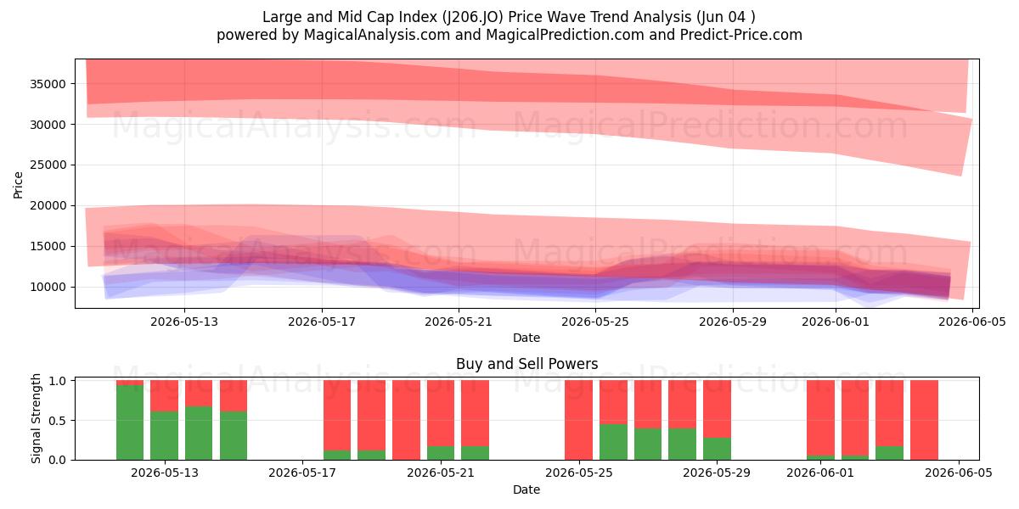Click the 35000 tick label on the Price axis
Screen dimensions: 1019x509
tap(48, 84)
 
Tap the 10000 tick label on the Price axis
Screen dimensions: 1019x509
tap(48, 288)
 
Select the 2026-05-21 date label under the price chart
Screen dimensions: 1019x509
tap(458, 322)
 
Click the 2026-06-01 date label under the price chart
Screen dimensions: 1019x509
tap(836, 322)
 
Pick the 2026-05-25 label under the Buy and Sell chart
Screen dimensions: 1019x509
tap(579, 473)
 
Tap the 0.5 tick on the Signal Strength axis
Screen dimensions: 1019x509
tap(58, 421)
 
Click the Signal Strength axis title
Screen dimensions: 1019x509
tap(36, 418)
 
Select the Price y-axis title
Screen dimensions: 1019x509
tap(18, 185)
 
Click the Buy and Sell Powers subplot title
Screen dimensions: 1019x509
tap(526, 364)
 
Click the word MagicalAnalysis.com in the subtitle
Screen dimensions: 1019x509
tap(377, 35)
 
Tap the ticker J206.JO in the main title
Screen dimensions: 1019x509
tap(473, 17)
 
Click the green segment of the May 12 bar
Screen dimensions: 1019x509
tap(130, 422)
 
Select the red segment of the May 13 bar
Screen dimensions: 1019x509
tap(164, 396)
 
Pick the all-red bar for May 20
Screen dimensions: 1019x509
tap(406, 420)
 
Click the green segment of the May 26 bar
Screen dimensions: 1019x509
tap(613, 442)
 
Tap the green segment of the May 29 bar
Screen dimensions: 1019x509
tap(717, 449)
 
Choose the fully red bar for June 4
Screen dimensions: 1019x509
tap(925, 420)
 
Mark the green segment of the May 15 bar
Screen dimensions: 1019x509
tap(234, 435)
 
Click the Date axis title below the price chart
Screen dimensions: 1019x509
tap(526, 338)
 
